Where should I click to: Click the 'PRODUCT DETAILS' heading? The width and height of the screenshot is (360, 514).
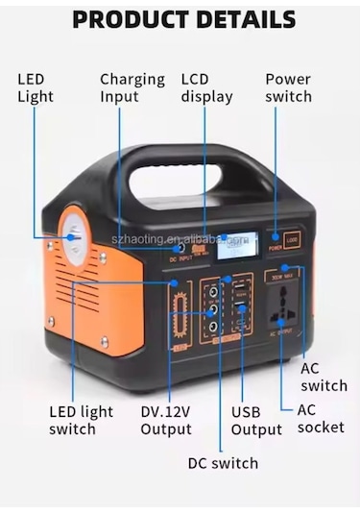tap(183, 18)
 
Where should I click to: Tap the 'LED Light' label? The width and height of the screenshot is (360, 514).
tap(36, 87)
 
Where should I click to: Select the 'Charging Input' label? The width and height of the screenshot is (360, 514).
tap(132, 87)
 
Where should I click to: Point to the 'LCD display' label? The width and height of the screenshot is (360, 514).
tap(206, 87)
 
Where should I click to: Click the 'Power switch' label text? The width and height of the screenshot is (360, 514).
tap(288, 87)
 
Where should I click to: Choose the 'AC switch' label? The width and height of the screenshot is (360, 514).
tap(324, 377)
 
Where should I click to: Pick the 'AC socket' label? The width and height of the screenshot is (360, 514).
tap(320, 418)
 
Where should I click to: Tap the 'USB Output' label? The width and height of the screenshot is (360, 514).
tap(256, 421)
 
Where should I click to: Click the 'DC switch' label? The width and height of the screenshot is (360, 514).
tap(223, 463)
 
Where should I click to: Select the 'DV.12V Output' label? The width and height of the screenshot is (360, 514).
tap(166, 421)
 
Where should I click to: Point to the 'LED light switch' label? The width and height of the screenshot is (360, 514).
tap(81, 421)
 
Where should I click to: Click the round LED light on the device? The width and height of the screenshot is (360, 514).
tap(74, 235)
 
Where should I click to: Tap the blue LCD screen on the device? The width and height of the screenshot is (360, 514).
tap(236, 246)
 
